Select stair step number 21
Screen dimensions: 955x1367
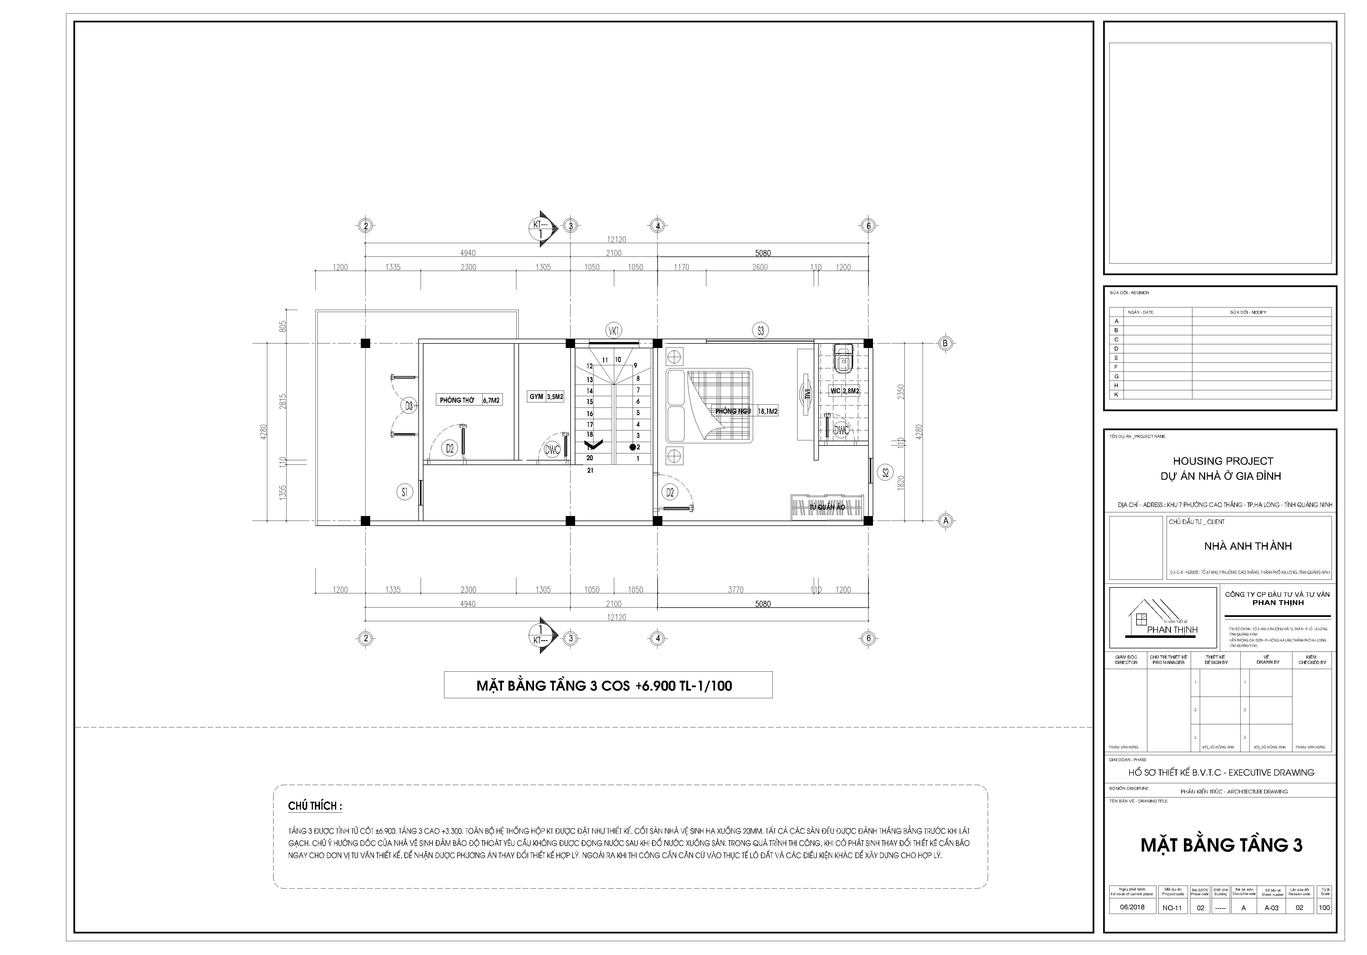pyautogui.click(x=590, y=470)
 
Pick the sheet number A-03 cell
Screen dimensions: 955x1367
pyautogui.click(x=1271, y=908)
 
